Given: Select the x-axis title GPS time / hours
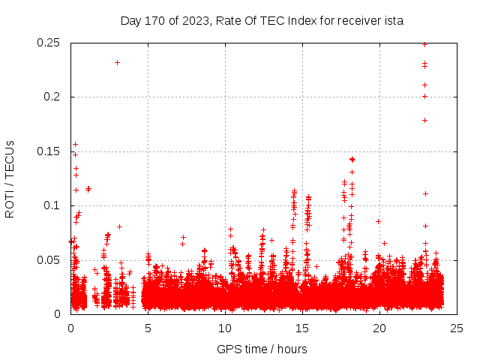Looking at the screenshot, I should click(x=262, y=349).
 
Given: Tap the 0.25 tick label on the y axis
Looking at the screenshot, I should click(x=50, y=43).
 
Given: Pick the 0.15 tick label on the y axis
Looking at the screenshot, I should click(x=50, y=151).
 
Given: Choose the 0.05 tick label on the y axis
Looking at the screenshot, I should click(x=50, y=259).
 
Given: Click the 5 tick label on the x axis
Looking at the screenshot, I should click(x=148, y=328).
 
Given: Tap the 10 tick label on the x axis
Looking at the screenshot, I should click(x=225, y=328).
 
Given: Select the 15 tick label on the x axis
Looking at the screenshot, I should click(x=302, y=328).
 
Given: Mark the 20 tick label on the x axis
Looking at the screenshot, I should click(x=379, y=328).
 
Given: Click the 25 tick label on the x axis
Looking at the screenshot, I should click(x=457, y=328).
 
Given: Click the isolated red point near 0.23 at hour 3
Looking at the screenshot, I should click(x=117, y=62).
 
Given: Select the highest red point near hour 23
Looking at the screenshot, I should click(x=424, y=44).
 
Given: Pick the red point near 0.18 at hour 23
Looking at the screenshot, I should click(x=424, y=120).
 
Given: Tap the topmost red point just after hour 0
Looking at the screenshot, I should click(x=75, y=144).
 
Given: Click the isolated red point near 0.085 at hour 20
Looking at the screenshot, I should click(x=378, y=221).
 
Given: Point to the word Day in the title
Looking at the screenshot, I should click(x=131, y=21).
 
